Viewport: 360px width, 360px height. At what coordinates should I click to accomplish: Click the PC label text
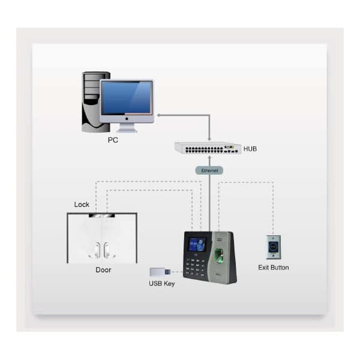point(113,140)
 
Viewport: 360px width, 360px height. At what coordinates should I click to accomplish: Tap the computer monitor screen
point(126,98)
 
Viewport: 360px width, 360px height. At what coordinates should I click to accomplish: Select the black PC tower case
point(92,102)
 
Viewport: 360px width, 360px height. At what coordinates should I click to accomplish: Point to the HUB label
point(251,148)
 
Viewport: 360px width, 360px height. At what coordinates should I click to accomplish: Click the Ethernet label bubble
point(209,170)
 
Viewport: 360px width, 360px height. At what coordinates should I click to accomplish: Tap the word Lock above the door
point(82,205)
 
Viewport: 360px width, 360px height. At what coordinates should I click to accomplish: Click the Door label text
point(103,270)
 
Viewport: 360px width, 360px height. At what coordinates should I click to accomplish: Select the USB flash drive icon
point(159,272)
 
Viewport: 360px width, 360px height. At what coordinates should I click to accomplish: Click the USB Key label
point(162,283)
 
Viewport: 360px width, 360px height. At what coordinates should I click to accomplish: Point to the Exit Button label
point(274,268)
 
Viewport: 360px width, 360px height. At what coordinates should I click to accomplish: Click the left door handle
point(96,249)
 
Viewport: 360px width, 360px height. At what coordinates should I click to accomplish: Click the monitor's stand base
point(127,130)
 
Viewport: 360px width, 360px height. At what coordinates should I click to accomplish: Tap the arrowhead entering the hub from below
point(209,157)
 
